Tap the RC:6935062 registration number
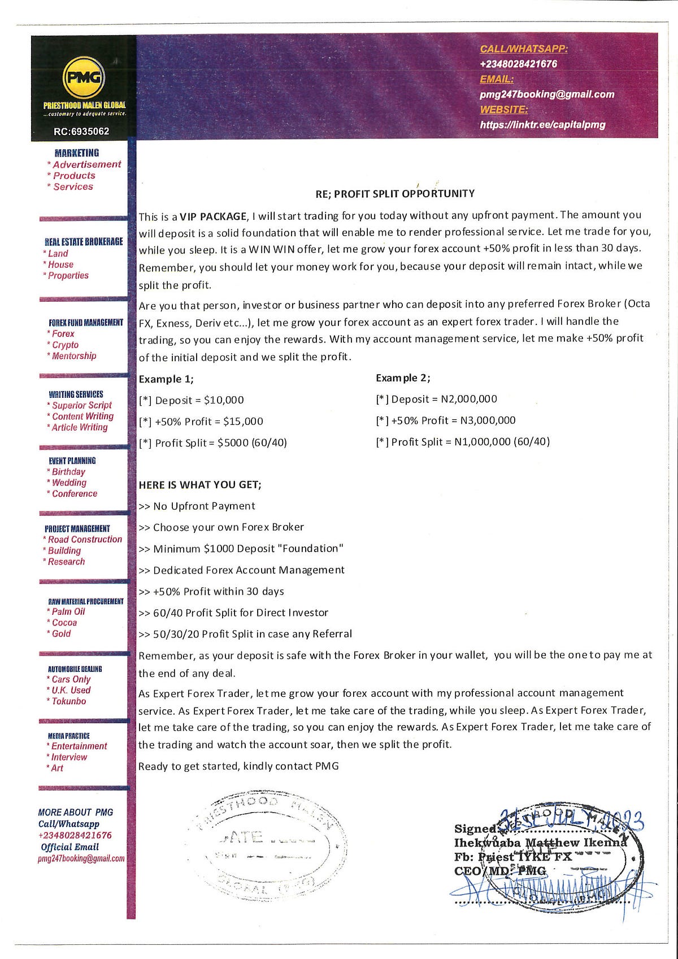81,131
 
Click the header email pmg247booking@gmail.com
546,94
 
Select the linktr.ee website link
542,124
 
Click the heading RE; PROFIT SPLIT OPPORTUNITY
395,194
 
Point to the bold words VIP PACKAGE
213,216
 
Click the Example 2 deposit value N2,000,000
469,399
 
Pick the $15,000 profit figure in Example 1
243,421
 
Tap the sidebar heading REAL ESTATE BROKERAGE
84,241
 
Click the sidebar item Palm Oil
68,611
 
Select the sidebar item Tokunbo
69,701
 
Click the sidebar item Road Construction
85,540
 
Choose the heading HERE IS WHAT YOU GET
200,485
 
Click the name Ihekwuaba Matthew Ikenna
540,843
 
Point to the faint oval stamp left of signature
266,845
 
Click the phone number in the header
518,64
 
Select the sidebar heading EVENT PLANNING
72,461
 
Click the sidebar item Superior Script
82,405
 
